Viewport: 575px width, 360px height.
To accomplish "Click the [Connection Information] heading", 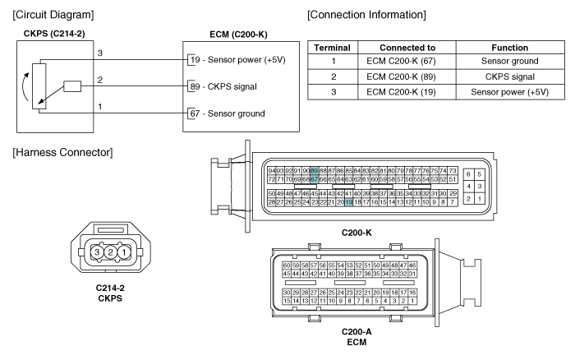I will point(364,16).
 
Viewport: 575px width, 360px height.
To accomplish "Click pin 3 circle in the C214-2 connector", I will point(97,252).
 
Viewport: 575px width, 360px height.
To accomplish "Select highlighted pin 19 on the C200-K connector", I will point(349,201).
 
